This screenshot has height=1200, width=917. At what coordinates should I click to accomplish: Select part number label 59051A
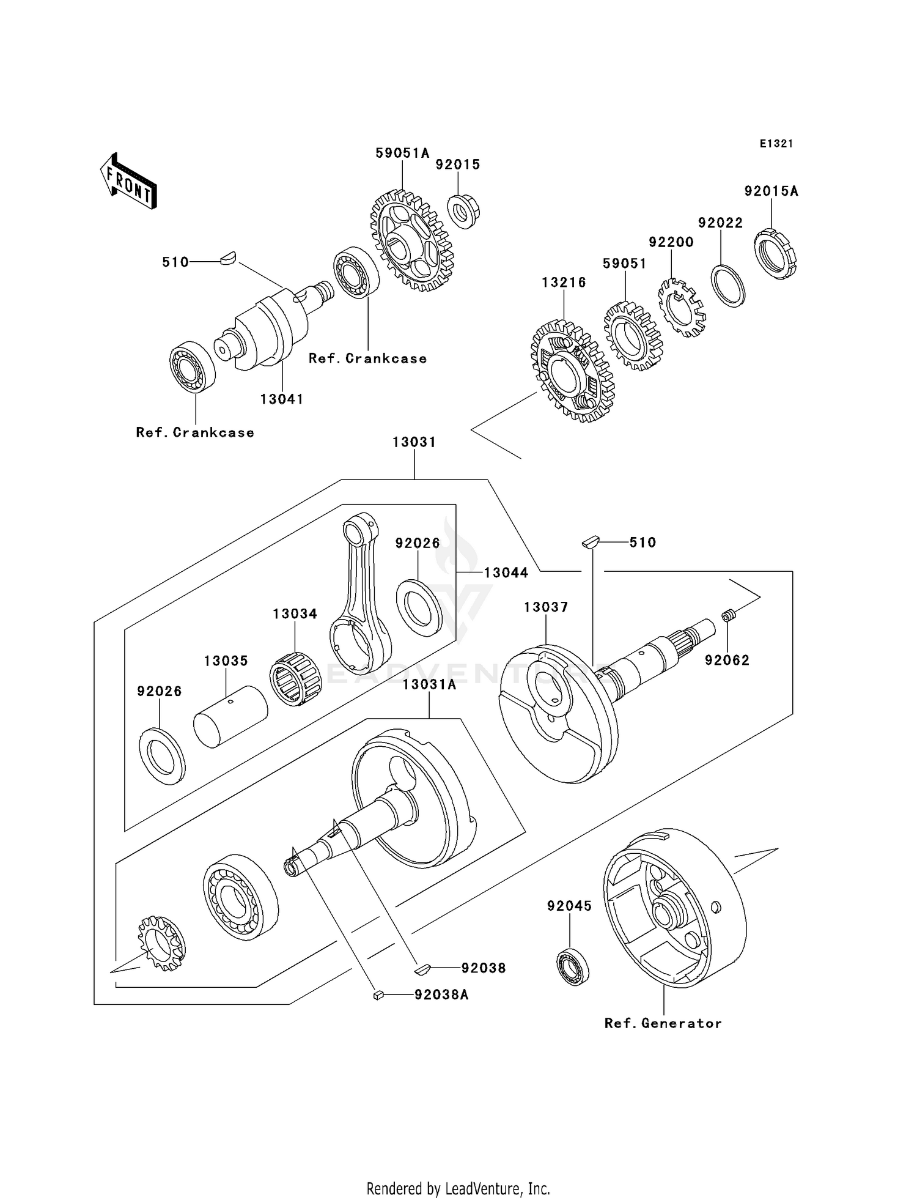(x=402, y=153)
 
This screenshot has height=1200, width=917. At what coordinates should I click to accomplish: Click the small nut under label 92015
(x=463, y=211)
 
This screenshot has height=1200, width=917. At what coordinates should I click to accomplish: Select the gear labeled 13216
(x=572, y=371)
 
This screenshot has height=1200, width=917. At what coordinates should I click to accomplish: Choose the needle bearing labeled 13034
(x=295, y=679)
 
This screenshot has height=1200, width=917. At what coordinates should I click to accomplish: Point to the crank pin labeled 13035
(x=230, y=716)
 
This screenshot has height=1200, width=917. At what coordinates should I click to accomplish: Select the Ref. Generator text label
(x=663, y=1023)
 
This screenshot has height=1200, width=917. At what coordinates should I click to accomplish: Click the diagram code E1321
(x=776, y=144)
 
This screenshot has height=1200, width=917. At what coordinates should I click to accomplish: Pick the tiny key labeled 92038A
(x=378, y=995)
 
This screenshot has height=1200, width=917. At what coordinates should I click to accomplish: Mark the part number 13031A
(x=429, y=684)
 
